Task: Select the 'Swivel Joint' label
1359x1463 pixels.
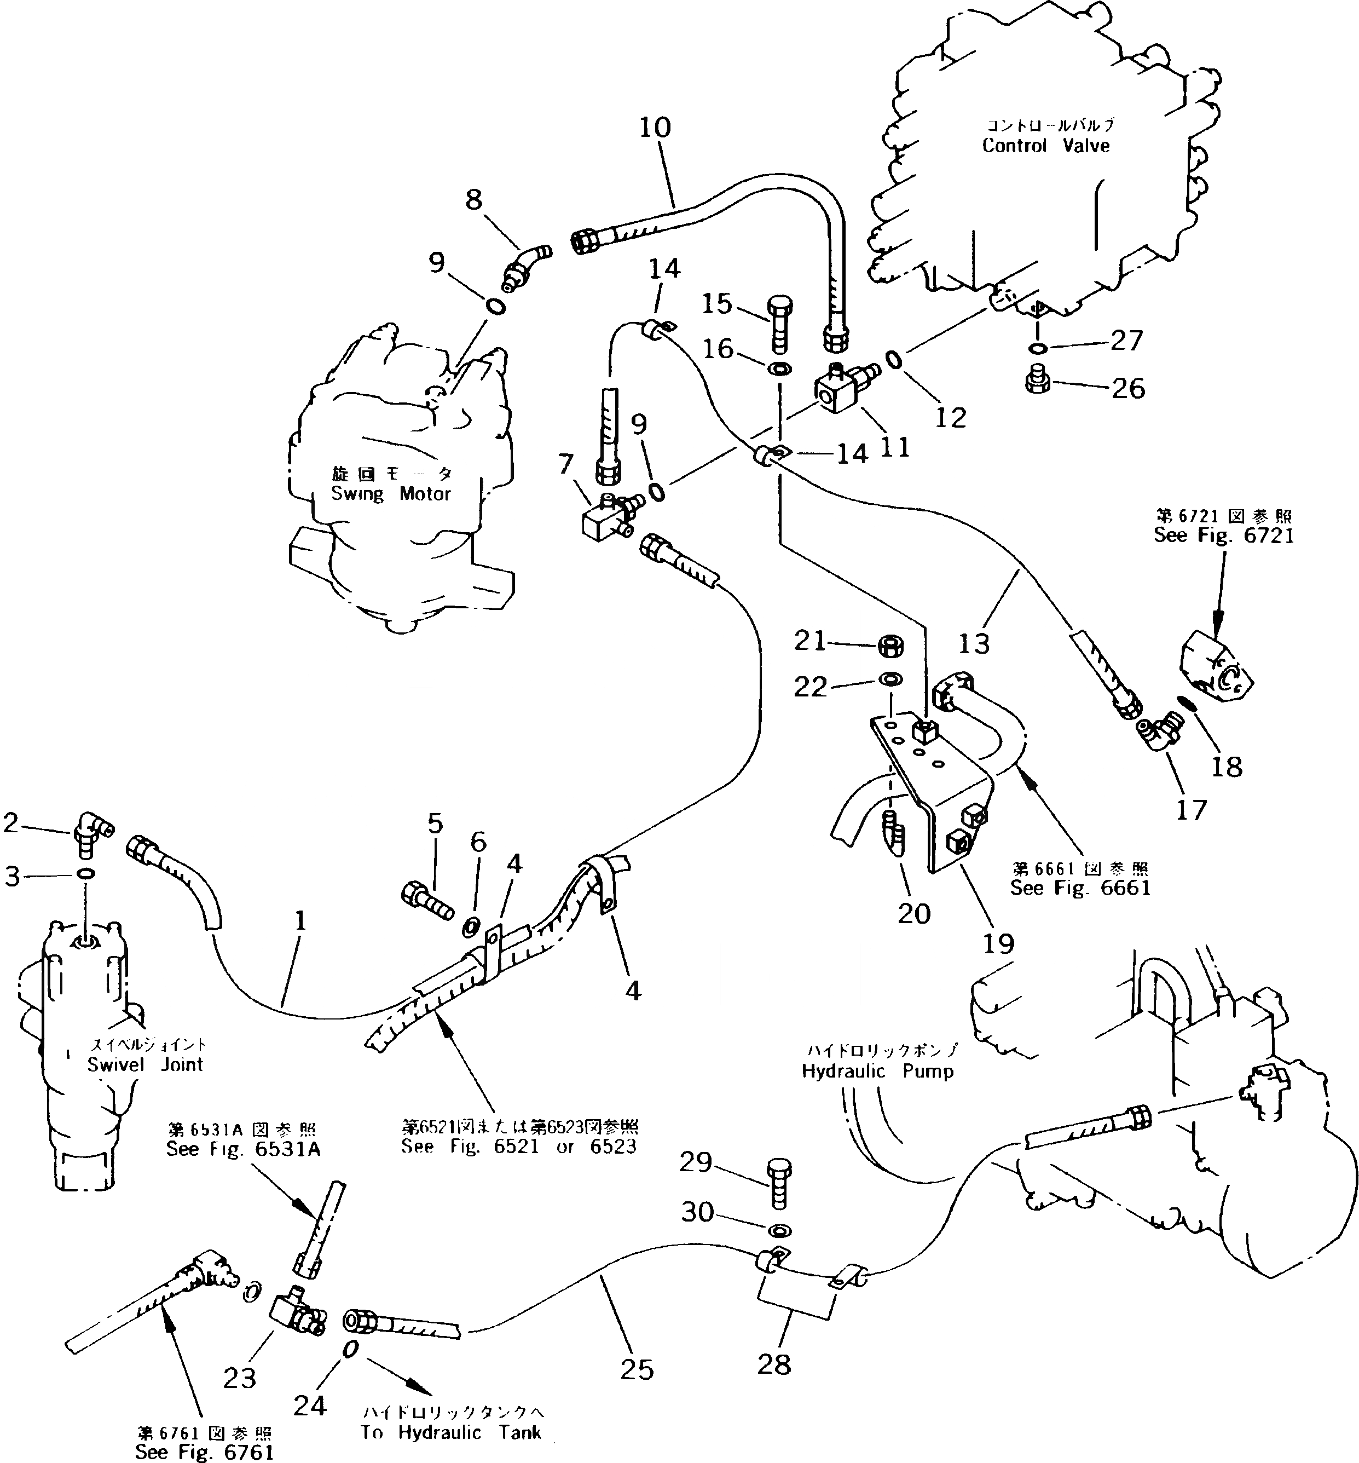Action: point(145,1064)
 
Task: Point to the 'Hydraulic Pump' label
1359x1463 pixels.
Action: point(877,1071)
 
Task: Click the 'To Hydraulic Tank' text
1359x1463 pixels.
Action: point(451,1432)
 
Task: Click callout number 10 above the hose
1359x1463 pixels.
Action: point(655,128)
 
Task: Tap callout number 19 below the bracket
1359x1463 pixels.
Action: point(998,944)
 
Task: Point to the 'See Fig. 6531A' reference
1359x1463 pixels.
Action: point(242,1150)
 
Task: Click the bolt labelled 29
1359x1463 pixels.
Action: point(778,1184)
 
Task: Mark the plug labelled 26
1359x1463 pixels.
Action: point(1036,381)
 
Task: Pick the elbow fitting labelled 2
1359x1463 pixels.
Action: point(90,831)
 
